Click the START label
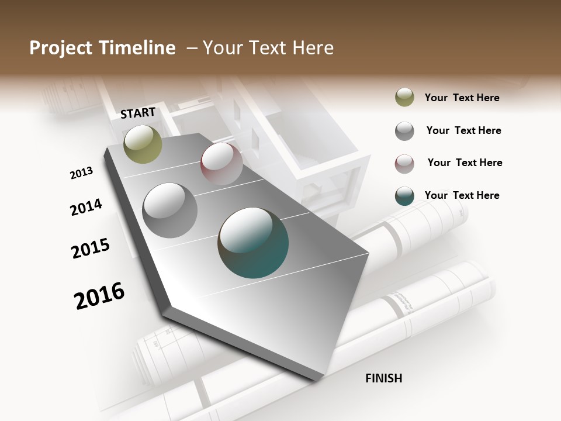[x=138, y=113]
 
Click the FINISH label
[x=383, y=378]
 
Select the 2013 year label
[x=81, y=173]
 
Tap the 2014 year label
[x=86, y=207]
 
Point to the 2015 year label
[x=90, y=249]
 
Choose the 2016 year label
[x=99, y=295]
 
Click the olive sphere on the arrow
[x=143, y=144]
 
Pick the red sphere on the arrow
[x=221, y=164]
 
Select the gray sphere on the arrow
[x=170, y=210]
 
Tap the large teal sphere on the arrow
[x=253, y=243]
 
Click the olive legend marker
[x=404, y=98]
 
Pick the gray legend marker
[x=404, y=131]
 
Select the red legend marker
[x=404, y=164]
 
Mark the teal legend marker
[x=404, y=196]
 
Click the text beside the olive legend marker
[x=462, y=98]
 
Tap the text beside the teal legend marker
[x=462, y=195]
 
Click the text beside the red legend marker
[x=465, y=163]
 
